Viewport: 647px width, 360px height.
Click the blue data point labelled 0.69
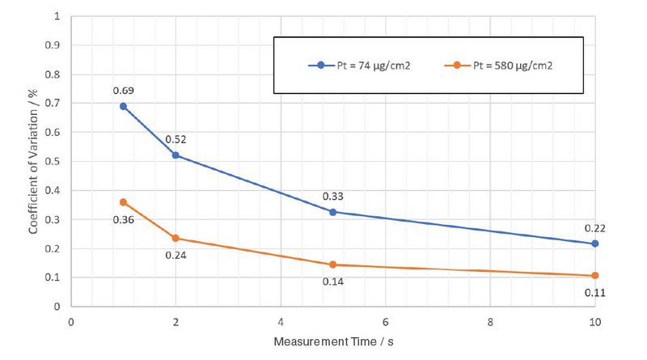123,106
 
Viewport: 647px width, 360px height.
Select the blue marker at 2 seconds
175,155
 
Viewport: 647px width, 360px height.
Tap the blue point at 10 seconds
594,244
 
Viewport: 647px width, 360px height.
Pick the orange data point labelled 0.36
123,202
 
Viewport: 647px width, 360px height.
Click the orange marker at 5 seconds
332,265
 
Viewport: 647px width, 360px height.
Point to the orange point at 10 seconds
594,276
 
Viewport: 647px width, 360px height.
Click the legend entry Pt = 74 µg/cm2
363,64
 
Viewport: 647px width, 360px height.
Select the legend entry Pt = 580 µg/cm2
506,64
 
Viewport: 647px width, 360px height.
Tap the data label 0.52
175,139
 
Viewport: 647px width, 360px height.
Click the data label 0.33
332,196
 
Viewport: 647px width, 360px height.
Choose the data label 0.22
594,228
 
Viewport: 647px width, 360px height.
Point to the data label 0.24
175,255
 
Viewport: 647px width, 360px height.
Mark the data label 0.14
332,282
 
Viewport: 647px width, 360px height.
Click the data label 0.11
594,293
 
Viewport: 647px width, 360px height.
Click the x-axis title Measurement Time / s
333,342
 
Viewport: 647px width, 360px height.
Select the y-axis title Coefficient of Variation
33,161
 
